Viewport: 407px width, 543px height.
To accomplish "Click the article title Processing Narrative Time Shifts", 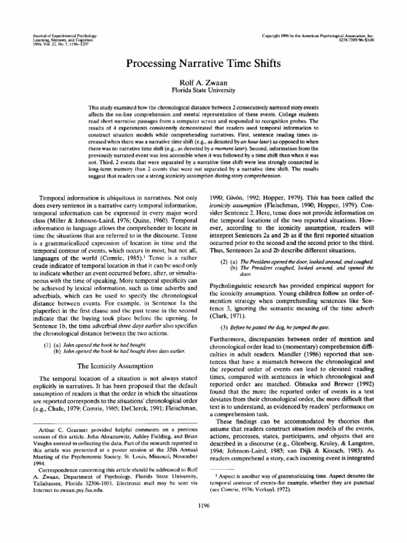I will (x=203, y=63).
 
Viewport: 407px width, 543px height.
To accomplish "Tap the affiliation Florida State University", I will (x=203, y=90).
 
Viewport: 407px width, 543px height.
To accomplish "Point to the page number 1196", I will (x=203, y=505).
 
